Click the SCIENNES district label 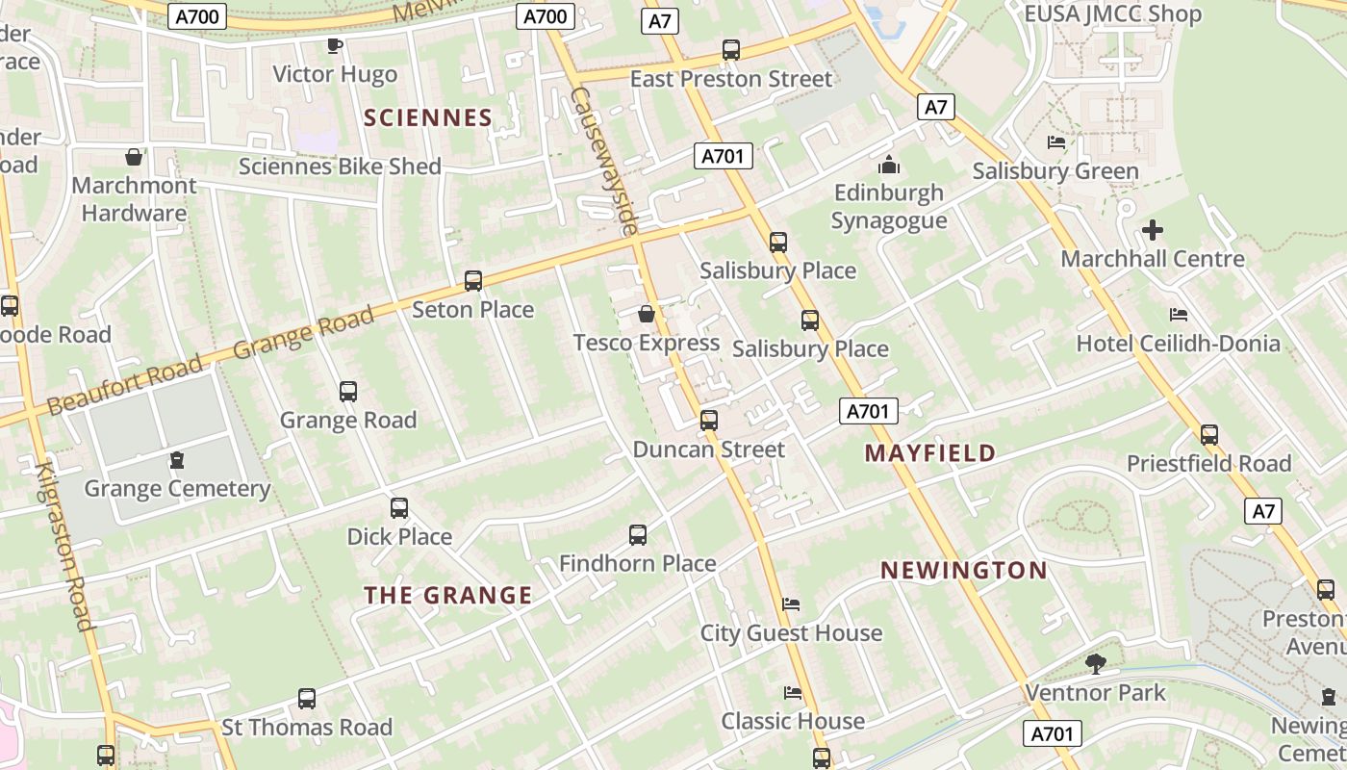428,117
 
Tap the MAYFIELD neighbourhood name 929,453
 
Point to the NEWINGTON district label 964,570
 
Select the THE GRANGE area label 447,595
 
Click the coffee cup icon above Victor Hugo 335,45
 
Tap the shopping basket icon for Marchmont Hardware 134,156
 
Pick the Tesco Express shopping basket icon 647,314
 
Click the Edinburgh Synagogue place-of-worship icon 888,164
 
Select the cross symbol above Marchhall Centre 1152,230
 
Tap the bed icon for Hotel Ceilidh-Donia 1178,315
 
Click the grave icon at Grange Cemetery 177,460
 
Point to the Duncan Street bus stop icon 709,420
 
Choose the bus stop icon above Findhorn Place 637,534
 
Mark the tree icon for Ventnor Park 1095,663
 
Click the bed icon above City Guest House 791,604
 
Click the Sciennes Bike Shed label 340,167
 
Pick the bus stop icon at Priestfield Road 1209,435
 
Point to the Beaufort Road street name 125,384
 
